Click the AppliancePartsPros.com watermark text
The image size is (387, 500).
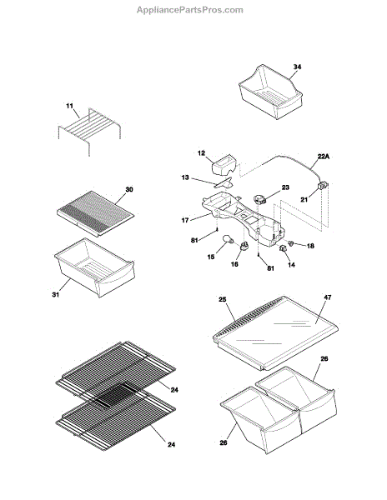[190, 10]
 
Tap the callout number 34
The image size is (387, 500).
[297, 67]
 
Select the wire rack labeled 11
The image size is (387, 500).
[89, 132]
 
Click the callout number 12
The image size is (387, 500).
[201, 153]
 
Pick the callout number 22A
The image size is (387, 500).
[323, 157]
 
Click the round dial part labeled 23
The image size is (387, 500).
[259, 200]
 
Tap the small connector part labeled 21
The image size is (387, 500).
[323, 186]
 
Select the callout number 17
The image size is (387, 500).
[185, 220]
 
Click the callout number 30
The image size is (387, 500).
[129, 190]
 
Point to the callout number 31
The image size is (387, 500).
[56, 295]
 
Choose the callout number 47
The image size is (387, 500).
[327, 297]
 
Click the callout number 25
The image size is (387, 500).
[223, 299]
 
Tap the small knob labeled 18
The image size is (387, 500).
[291, 243]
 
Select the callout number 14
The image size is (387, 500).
[292, 265]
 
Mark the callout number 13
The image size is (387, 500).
[185, 177]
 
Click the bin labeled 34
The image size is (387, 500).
[270, 92]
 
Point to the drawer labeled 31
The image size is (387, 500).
[95, 267]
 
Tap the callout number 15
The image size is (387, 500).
[211, 257]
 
